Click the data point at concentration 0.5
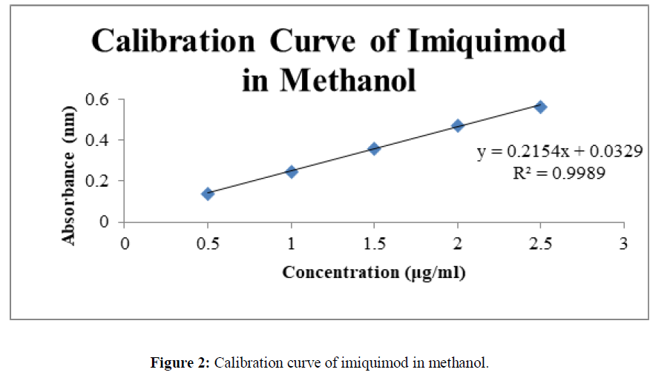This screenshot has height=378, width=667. point(208,193)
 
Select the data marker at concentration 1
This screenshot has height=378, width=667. point(292,171)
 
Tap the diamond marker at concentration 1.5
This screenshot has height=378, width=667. point(374,148)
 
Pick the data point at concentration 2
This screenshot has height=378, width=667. point(458,125)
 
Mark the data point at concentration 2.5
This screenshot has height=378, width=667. point(541,107)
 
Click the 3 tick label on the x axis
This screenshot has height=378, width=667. point(624,243)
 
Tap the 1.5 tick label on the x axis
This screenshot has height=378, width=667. point(374,243)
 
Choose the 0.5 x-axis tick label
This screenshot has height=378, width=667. point(208,243)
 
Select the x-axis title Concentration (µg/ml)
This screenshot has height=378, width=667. point(374,273)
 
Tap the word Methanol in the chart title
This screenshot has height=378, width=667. point(349,79)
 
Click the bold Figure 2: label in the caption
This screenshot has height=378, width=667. point(182,363)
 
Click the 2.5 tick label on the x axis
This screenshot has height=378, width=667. point(541,243)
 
